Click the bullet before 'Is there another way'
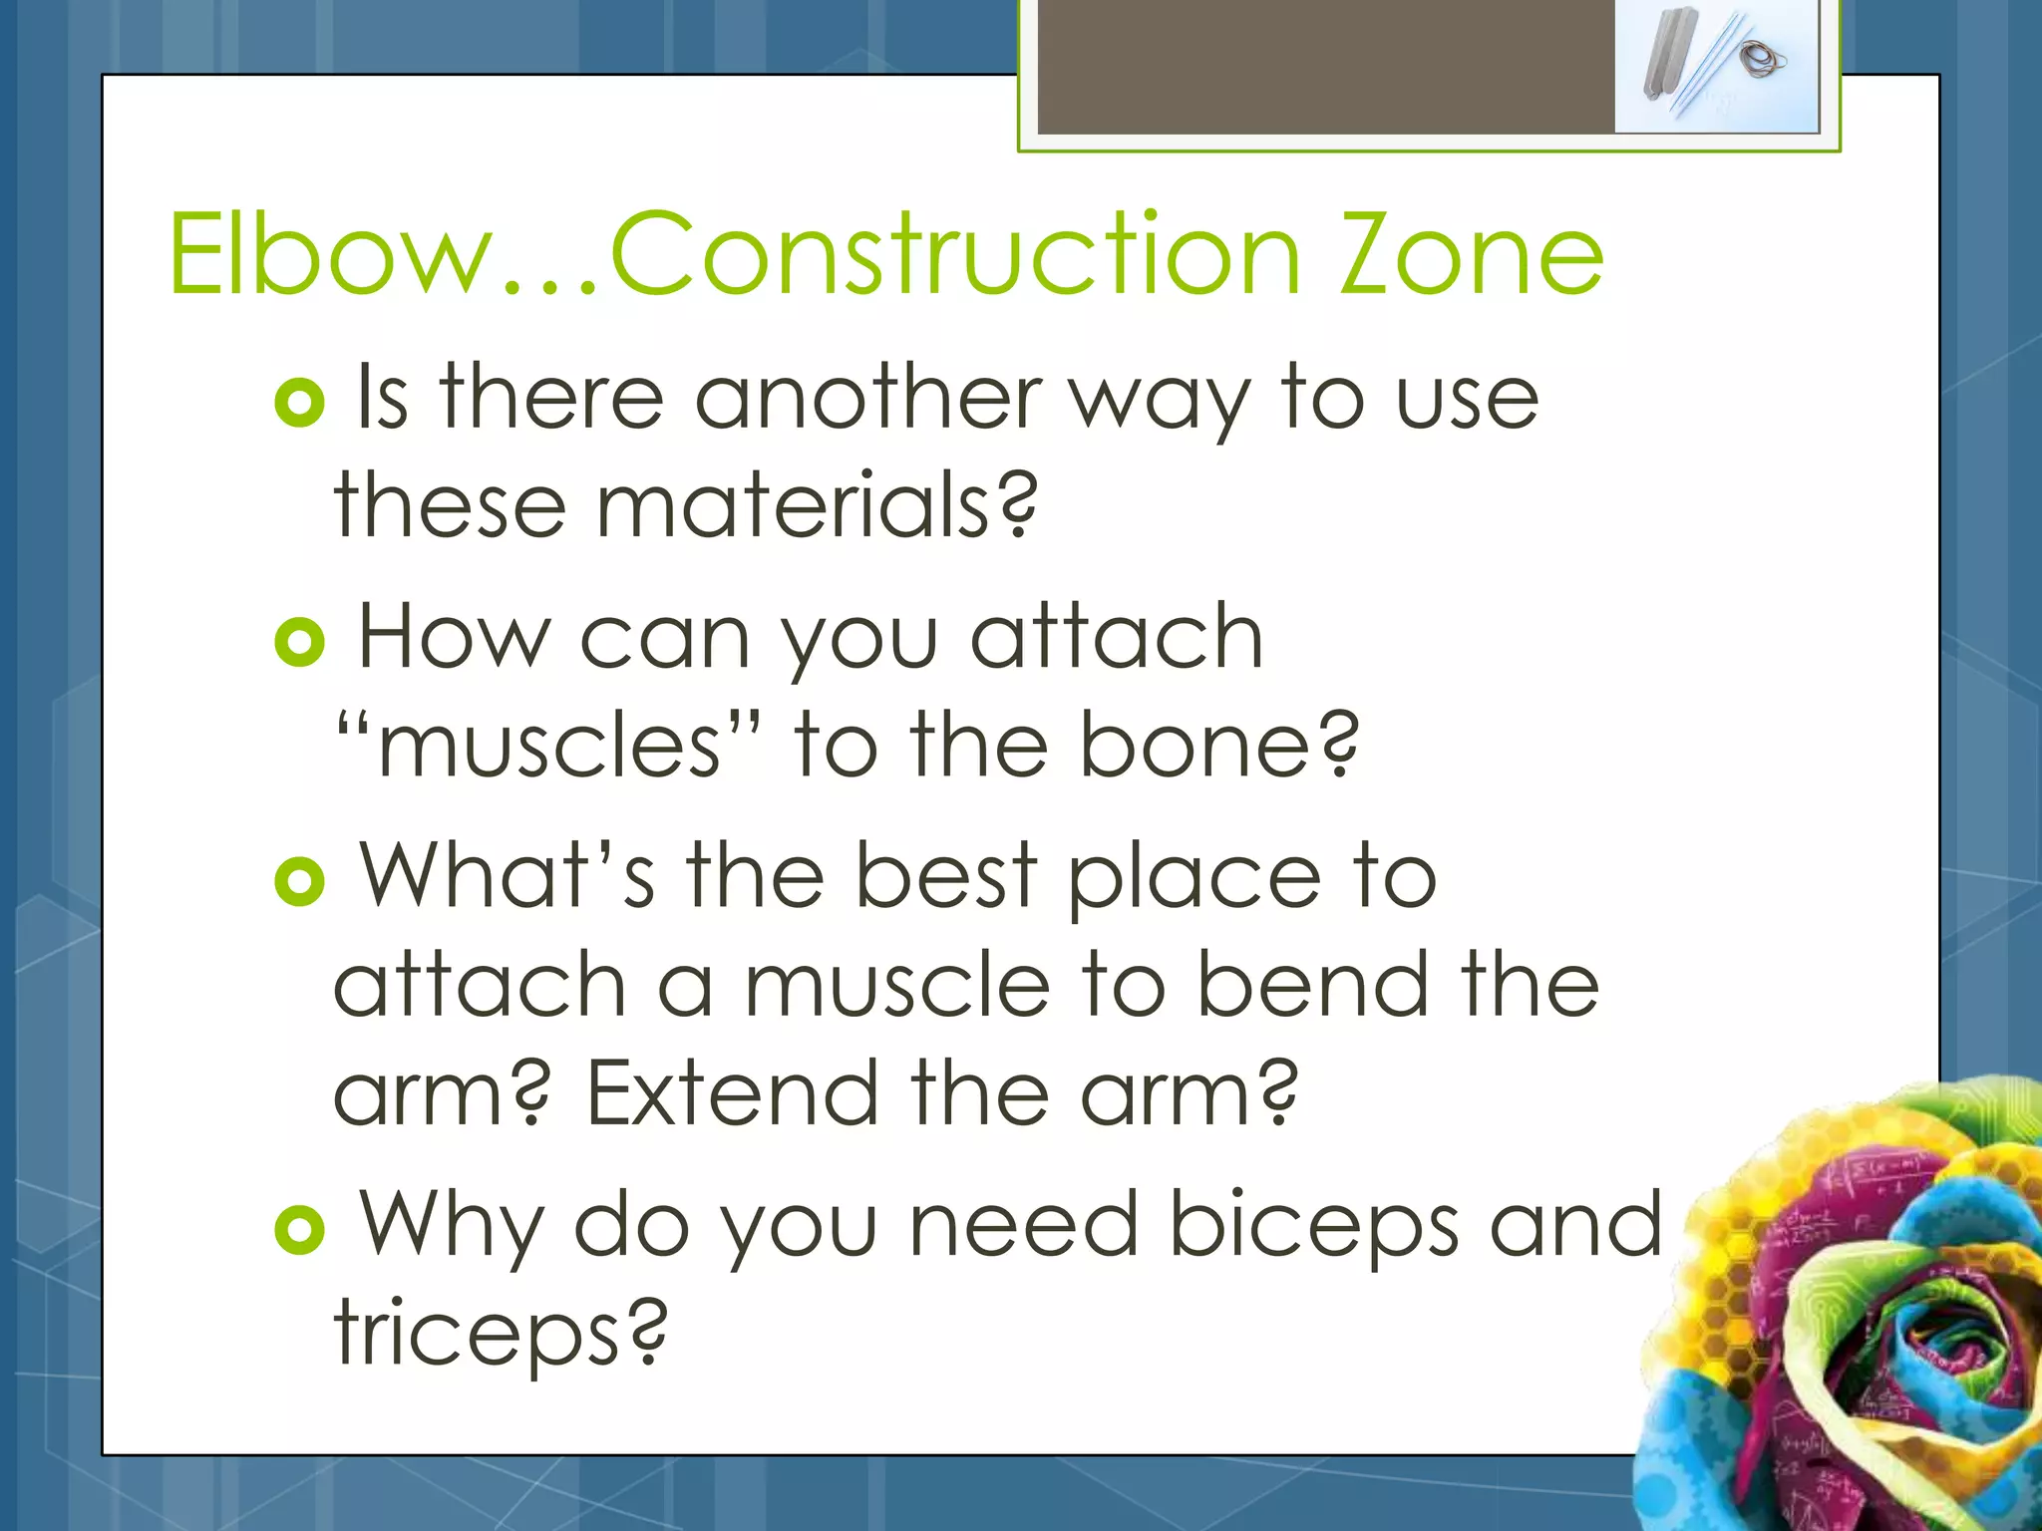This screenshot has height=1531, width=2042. [x=299, y=403]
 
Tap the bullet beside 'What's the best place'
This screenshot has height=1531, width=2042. [x=299, y=881]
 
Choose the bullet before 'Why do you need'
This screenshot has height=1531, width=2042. [x=299, y=1230]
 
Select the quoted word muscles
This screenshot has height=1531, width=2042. [x=549, y=746]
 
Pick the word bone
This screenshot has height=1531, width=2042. [x=1217, y=746]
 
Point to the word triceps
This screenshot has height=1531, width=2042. [x=499, y=1334]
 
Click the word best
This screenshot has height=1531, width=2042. [x=947, y=877]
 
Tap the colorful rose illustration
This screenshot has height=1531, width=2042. [x=1855, y=1316]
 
